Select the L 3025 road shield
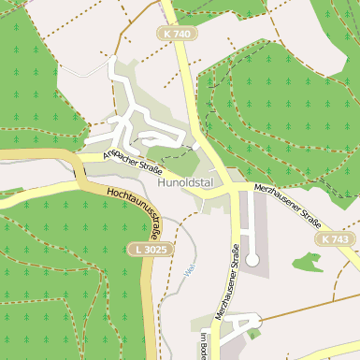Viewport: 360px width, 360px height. pyautogui.click(x=145, y=250)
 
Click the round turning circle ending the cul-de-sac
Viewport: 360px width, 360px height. pyautogui.click(x=251, y=259)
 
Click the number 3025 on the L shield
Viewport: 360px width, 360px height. pyautogui.click(x=150, y=250)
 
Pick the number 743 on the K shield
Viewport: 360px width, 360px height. pyautogui.click(x=339, y=240)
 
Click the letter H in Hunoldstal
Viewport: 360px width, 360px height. pyautogui.click(x=162, y=182)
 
